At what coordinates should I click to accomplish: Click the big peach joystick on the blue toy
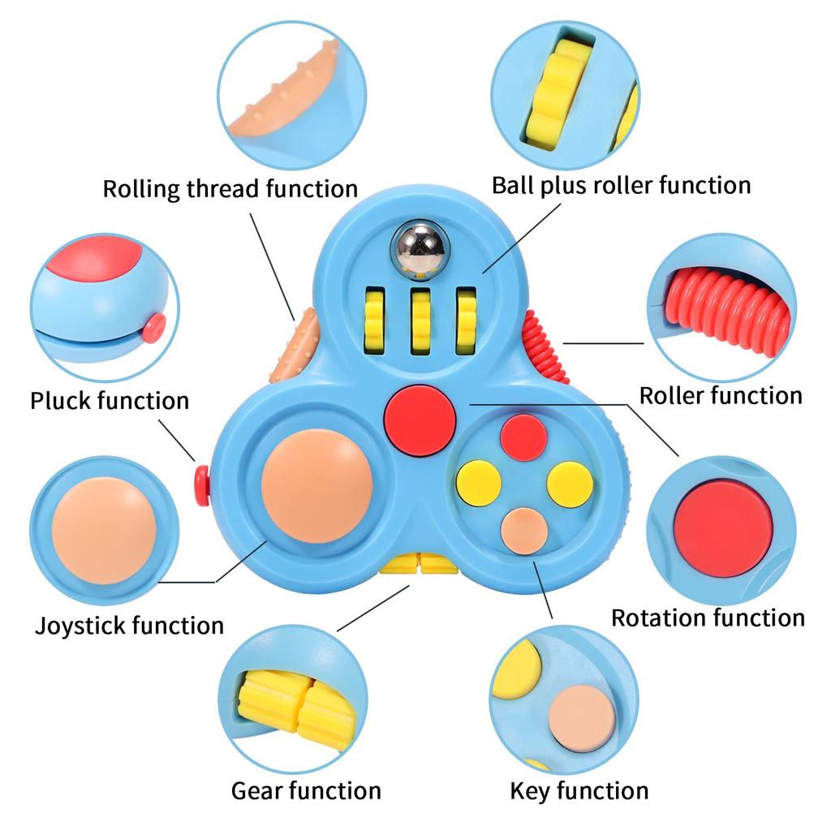[x=317, y=486]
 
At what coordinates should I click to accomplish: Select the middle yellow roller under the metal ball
[x=420, y=321]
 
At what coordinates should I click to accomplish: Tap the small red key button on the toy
[x=523, y=437]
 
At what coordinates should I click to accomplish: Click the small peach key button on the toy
[x=523, y=531]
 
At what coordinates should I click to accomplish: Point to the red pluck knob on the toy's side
[x=202, y=485]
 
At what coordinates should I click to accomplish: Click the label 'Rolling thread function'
[x=230, y=189]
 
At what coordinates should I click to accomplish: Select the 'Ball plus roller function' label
[x=621, y=185]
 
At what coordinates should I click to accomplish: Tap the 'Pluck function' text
[x=110, y=401]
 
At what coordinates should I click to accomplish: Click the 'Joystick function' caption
[x=129, y=626]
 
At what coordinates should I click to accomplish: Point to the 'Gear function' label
[x=306, y=790]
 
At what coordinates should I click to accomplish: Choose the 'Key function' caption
[x=579, y=790]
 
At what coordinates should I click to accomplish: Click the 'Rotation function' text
[x=708, y=618]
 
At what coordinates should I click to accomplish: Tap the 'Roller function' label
[x=721, y=396]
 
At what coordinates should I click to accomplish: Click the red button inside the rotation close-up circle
[x=723, y=528]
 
